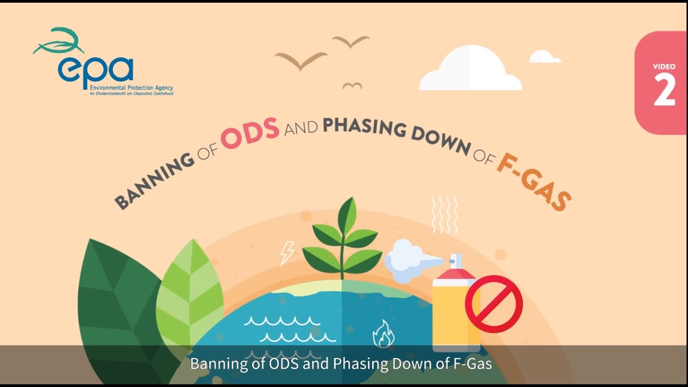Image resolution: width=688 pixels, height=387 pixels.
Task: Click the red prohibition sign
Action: [x=493, y=304]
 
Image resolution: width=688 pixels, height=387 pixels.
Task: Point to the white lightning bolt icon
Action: [x=288, y=253]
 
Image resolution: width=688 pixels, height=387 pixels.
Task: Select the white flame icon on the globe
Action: [x=383, y=334]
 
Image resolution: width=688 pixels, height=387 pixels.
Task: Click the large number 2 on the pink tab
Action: [x=664, y=90]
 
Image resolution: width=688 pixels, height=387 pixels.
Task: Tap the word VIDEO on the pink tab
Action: [x=664, y=67]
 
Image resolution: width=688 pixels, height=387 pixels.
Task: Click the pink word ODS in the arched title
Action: [x=250, y=132]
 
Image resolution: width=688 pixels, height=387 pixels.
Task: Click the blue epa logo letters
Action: [x=96, y=69]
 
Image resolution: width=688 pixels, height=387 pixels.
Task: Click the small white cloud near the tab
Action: [x=544, y=57]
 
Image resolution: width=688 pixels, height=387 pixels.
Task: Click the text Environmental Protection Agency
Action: [x=131, y=88]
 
